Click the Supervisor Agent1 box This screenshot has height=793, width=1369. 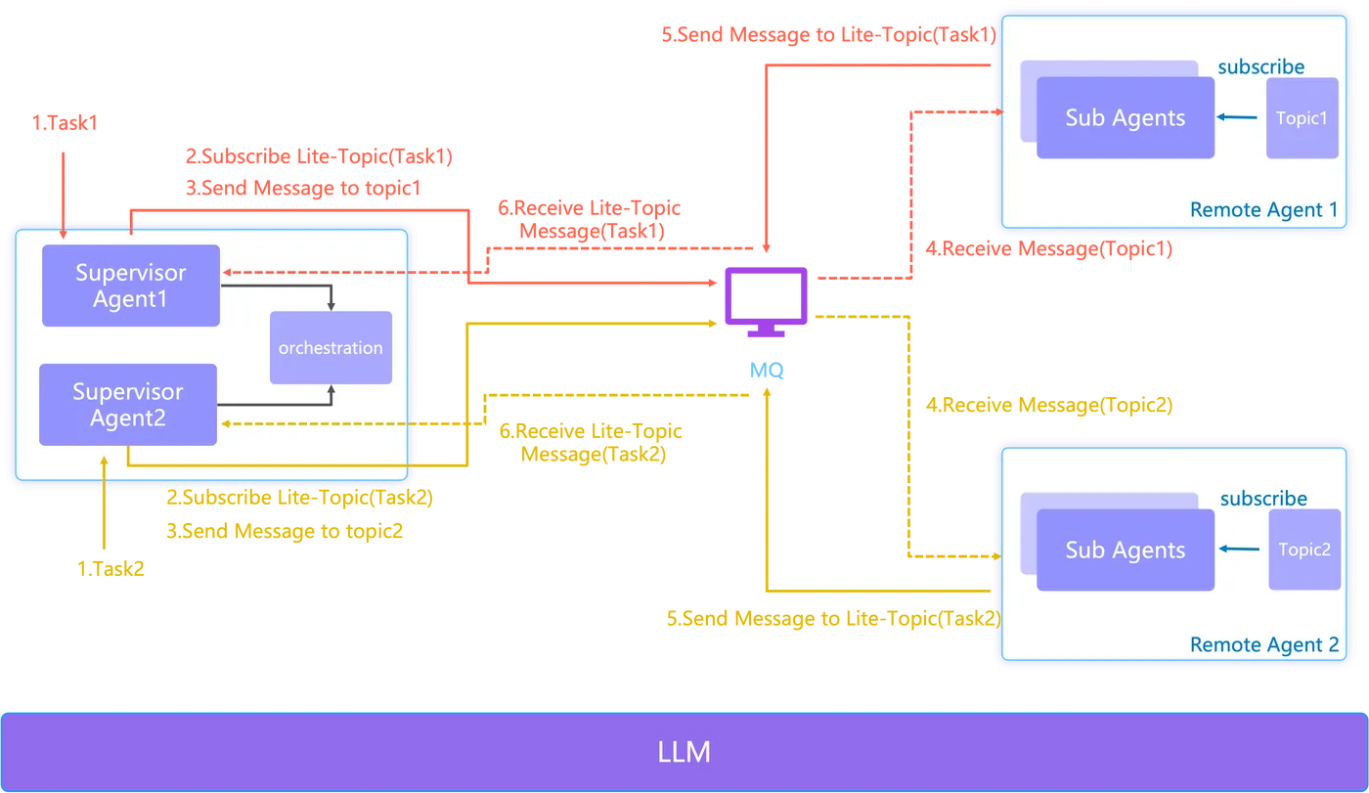tap(130, 286)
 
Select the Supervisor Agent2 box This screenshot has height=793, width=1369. tap(127, 405)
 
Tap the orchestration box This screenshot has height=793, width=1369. tap(331, 348)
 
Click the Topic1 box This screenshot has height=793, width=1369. tap(1302, 118)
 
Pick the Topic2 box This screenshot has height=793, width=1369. tap(1304, 550)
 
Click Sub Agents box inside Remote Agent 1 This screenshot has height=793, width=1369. tap(1125, 118)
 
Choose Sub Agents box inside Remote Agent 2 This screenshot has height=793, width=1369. tap(1125, 551)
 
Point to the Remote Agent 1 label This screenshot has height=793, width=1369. tap(1262, 210)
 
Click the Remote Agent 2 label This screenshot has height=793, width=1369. tap(1263, 645)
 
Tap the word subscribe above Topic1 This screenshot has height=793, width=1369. tap(1260, 67)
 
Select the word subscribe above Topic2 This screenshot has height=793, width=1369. tap(1262, 499)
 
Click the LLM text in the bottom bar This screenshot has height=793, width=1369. tap(684, 752)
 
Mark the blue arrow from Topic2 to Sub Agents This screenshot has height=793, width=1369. tap(1241, 550)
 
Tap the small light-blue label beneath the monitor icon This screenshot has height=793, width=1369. tap(765, 371)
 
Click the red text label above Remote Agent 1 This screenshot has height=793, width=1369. tap(826, 36)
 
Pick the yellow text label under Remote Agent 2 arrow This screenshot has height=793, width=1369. tap(832, 619)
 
